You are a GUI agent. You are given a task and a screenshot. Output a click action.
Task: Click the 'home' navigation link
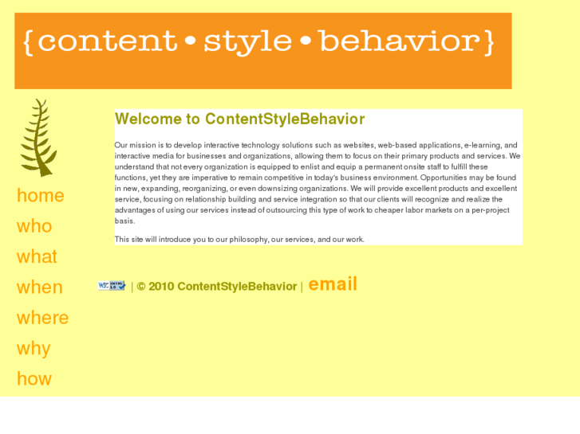point(40,196)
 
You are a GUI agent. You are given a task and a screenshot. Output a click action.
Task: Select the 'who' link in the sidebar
point(34,226)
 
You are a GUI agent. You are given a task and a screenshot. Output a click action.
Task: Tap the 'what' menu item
point(37,257)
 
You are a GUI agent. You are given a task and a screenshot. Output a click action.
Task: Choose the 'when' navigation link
point(39,287)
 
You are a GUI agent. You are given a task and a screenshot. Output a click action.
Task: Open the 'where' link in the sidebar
point(42,319)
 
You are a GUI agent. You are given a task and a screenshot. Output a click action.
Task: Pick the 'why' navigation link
point(34,349)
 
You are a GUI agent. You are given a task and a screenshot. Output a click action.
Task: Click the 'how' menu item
point(34,379)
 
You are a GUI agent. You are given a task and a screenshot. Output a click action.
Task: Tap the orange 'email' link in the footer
point(333,284)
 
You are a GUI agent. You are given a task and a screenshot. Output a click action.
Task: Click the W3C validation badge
point(112,285)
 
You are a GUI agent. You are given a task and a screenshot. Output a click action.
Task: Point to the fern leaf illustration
point(38,137)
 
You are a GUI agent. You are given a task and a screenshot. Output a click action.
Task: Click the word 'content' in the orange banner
point(107,42)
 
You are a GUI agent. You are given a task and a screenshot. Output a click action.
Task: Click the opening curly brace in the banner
point(29,42)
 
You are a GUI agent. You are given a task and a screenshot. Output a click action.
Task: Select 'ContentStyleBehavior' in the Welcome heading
point(285,119)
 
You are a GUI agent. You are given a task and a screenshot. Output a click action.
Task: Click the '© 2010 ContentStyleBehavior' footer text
point(216,287)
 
